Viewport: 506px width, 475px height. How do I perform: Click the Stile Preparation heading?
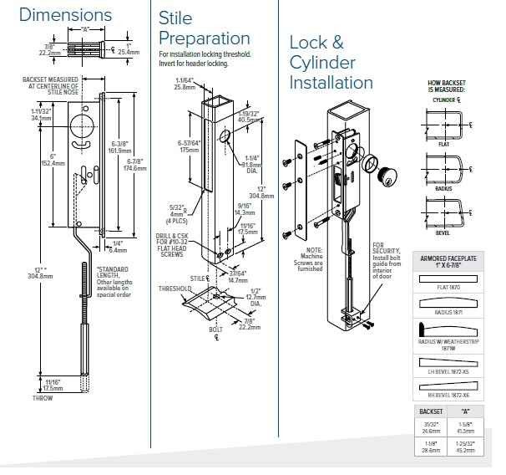coord(204,28)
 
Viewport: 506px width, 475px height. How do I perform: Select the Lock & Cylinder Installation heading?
coord(331,62)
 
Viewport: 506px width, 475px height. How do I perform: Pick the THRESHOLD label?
coord(175,289)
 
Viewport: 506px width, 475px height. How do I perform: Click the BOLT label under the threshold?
coord(215,329)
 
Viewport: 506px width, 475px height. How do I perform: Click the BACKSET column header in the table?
coord(431,412)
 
